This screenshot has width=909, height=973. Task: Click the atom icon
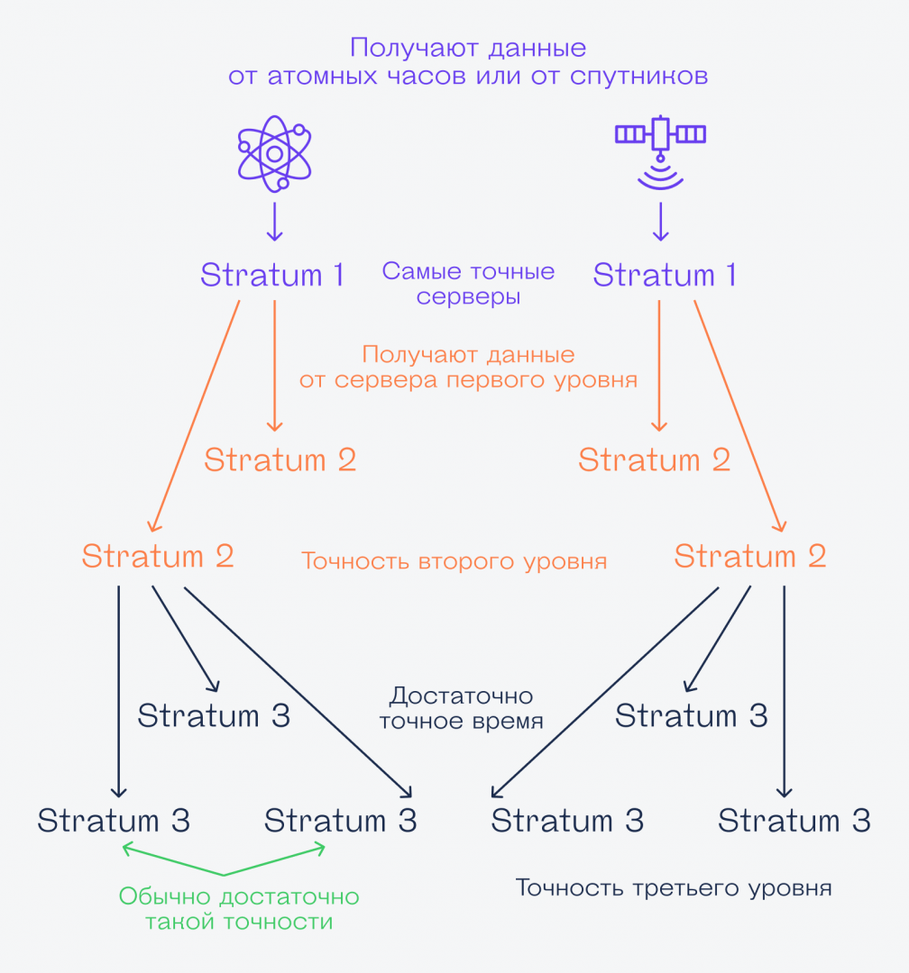[274, 154]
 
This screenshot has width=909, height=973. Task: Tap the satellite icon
[660, 135]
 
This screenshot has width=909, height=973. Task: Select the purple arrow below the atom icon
[274, 222]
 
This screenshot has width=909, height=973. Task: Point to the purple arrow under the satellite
[660, 222]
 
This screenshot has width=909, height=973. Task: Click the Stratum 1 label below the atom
[272, 275]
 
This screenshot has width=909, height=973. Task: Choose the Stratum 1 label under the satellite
[665, 275]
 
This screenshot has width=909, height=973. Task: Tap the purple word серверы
[468, 296]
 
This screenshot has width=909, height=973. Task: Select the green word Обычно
[163, 897]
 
